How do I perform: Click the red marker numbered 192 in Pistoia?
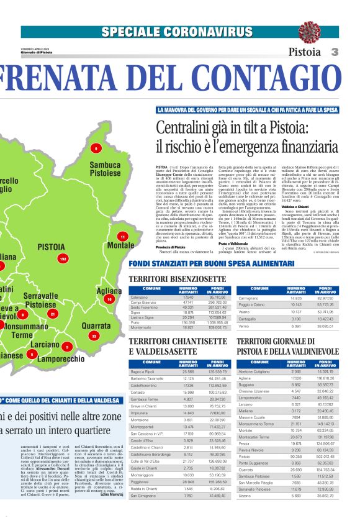62,258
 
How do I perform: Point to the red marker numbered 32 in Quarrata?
94,335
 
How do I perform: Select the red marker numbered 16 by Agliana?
109,299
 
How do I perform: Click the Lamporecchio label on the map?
61,359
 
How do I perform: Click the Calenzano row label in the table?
140,298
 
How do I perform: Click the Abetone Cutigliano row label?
254,371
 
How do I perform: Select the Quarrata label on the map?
96,325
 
